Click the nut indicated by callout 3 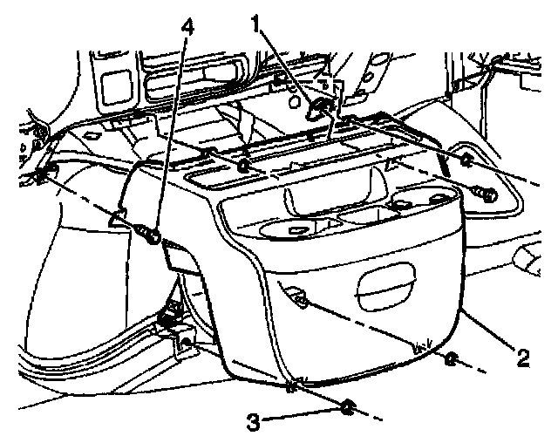click(346, 407)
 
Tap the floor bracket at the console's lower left click(184, 343)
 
